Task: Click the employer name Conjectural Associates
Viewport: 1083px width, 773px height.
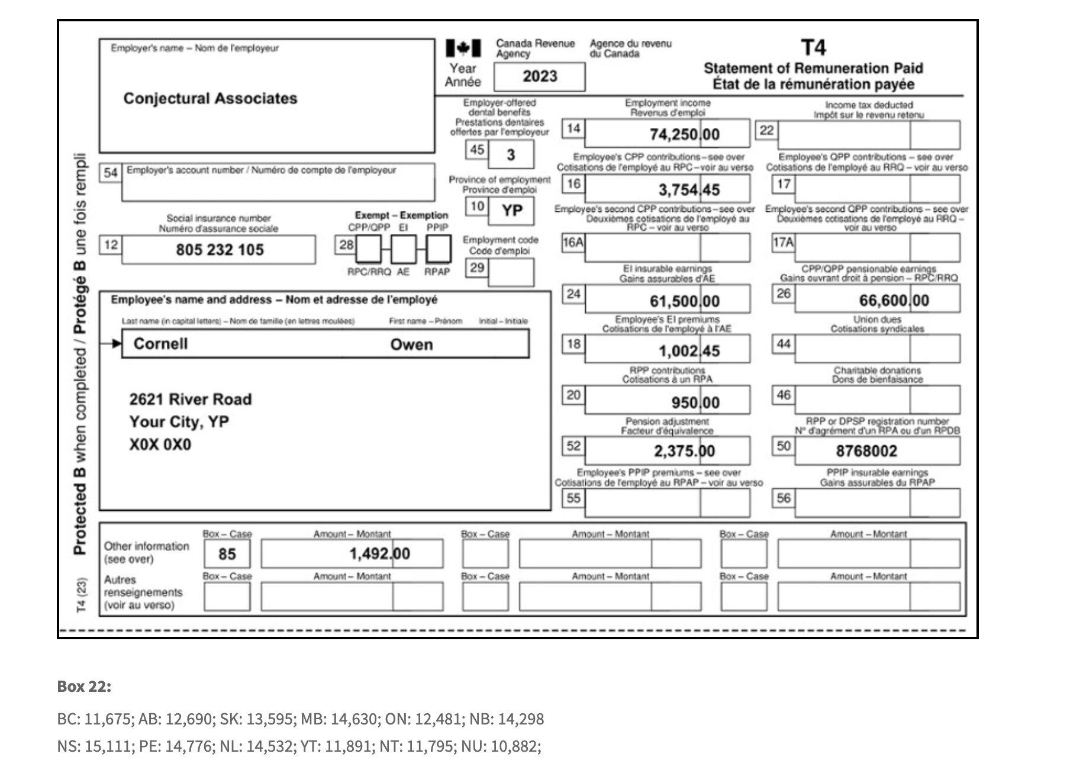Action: tap(210, 98)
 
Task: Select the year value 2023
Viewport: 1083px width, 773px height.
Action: tap(540, 76)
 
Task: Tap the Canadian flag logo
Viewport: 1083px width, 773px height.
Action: tap(463, 48)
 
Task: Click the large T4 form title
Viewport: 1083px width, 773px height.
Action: tap(813, 47)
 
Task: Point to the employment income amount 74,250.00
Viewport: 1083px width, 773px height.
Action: tap(684, 134)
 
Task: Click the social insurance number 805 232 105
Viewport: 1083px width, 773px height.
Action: tap(220, 250)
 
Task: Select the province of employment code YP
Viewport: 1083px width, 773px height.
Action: tap(512, 211)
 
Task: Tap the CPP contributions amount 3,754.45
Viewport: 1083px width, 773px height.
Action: tap(689, 190)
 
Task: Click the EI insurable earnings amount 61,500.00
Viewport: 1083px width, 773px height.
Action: tap(684, 301)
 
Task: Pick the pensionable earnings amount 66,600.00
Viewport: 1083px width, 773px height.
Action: tap(894, 301)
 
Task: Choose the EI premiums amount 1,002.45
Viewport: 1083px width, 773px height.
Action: tap(689, 351)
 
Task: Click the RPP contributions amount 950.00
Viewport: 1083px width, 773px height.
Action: tap(695, 403)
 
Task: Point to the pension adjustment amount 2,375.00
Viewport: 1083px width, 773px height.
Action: tap(684, 452)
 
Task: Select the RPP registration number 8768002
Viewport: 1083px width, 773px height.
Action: tap(866, 452)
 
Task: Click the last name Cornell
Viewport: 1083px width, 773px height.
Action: tap(160, 344)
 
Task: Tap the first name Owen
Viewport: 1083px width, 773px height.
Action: tap(411, 344)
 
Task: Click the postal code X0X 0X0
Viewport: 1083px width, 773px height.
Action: tap(160, 445)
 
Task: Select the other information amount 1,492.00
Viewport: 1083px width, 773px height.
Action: tap(379, 554)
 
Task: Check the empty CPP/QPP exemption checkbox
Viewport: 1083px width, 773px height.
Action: tap(368, 249)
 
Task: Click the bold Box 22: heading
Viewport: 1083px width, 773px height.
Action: tap(84, 687)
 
